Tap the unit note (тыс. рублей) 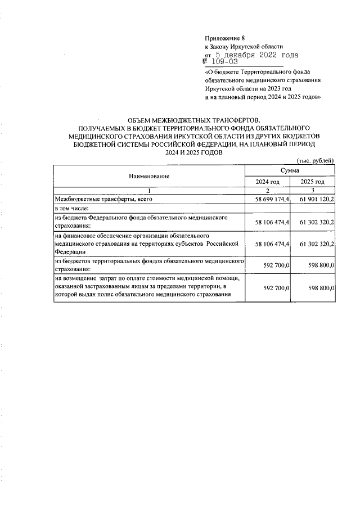coord(316,160)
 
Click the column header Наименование coord(149,176)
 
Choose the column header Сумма coord(291,170)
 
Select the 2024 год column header coord(268,182)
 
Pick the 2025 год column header coord(313,182)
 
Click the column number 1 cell coord(149,191)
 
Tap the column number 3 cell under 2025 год coord(313,191)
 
